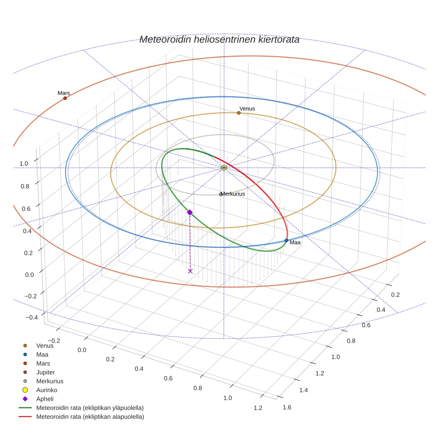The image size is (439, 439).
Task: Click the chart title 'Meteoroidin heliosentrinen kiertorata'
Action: pyautogui.click(x=219, y=39)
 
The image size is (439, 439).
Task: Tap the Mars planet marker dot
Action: pyautogui.click(x=65, y=98)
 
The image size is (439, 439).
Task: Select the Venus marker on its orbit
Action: pyautogui.click(x=239, y=113)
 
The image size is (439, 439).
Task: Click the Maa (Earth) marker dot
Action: pyautogui.click(x=286, y=240)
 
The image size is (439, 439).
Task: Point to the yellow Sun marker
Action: pyautogui.click(x=224, y=168)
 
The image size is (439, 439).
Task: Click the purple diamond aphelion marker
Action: pyautogui.click(x=190, y=212)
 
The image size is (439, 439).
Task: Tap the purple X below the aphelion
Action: pyautogui.click(x=191, y=271)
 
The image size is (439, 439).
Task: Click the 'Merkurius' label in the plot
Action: pyautogui.click(x=233, y=194)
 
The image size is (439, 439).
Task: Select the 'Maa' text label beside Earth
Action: pyautogui.click(x=295, y=243)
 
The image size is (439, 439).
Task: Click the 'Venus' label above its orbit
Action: pyautogui.click(x=247, y=108)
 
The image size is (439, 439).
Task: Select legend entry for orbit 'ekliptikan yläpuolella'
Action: pyautogui.click(x=90, y=408)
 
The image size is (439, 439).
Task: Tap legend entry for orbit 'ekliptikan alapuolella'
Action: pyautogui.click(x=90, y=417)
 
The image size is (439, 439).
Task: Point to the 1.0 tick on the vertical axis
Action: pyautogui.click(x=24, y=164)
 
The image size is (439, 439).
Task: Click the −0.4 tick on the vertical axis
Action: pyautogui.click(x=31, y=318)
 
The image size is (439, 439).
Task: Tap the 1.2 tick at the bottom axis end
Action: pyautogui.click(x=257, y=408)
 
